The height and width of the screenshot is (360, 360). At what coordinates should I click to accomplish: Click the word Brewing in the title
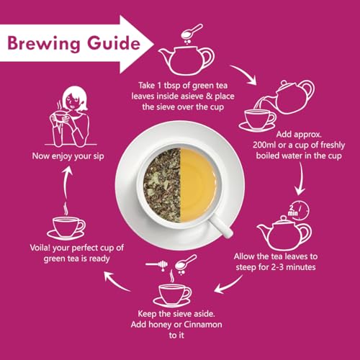point(43,43)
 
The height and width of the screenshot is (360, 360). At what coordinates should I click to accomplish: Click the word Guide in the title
point(114,42)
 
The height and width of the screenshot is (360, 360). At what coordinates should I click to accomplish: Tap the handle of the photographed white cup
point(221,226)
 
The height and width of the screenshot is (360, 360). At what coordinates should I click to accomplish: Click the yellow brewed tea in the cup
point(198,185)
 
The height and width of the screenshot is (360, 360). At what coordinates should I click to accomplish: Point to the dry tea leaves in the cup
point(162,185)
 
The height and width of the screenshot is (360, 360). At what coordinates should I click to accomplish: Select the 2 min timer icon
point(298,210)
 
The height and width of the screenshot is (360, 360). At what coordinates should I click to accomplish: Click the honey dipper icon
point(157,265)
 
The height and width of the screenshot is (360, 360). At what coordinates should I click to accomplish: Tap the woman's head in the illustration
point(74,99)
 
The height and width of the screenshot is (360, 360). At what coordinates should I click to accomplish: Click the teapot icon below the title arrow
point(186,60)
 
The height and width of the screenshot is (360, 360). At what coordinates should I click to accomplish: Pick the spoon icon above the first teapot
point(192,32)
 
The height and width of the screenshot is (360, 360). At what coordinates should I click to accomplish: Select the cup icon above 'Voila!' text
point(66,228)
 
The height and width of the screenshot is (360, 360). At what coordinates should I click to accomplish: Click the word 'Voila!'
point(40,248)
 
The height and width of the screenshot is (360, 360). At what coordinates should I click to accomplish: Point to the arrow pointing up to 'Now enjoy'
point(66,182)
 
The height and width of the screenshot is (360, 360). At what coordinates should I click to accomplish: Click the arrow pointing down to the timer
point(300,179)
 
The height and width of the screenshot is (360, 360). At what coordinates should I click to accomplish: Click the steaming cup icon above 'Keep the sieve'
point(172,291)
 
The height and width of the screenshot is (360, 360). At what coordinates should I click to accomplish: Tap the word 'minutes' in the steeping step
point(301,267)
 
